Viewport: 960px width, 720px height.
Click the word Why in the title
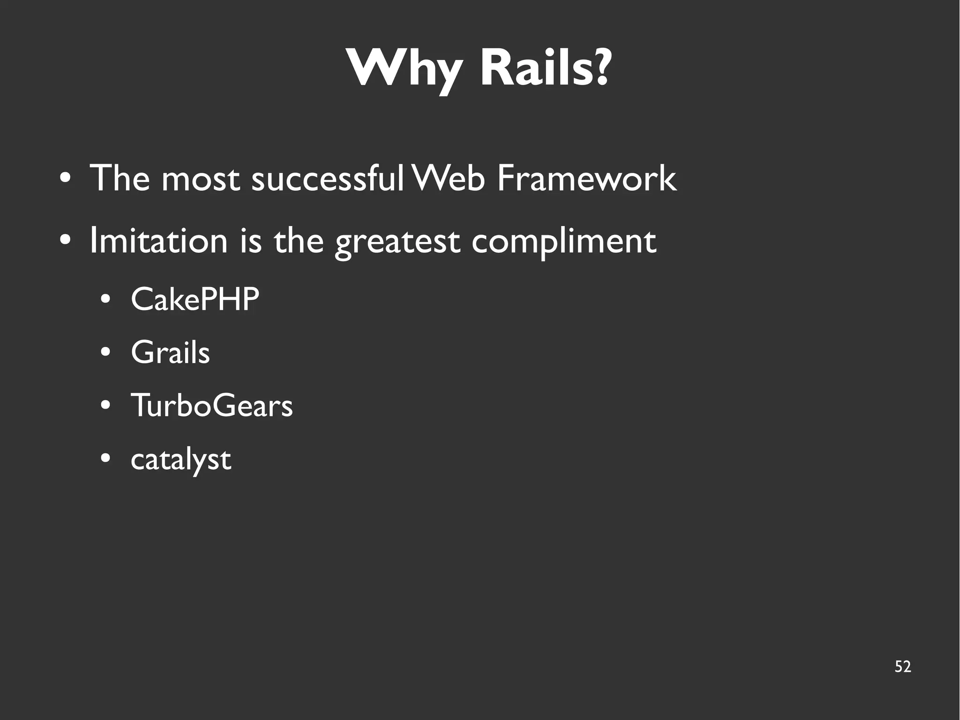(403, 69)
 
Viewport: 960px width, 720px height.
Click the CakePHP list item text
(195, 299)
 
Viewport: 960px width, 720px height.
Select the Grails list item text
(170, 352)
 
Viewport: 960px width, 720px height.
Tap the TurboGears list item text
(211, 405)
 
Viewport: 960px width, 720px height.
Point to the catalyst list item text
(180, 460)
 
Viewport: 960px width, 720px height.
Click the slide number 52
(902, 667)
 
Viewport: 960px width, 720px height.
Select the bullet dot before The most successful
(66, 179)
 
